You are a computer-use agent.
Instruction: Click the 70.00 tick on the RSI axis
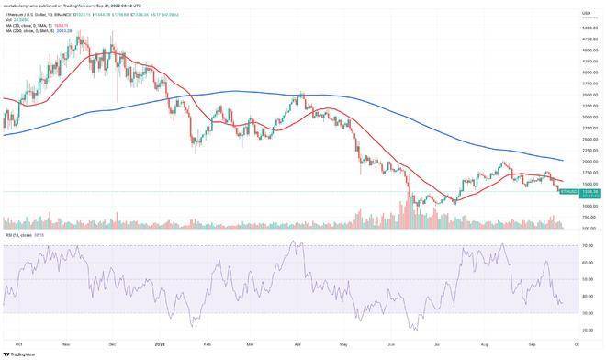(x=584, y=246)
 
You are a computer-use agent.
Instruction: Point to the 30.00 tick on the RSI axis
(x=584, y=313)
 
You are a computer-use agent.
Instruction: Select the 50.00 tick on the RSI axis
(x=584, y=279)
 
